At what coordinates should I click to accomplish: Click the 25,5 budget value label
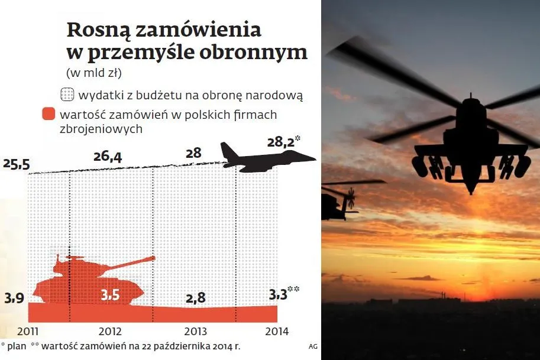point(16,164)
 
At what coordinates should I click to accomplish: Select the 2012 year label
point(111,332)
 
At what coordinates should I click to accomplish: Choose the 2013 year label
point(195,332)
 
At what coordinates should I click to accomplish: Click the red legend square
point(49,115)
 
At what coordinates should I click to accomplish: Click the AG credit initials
point(312,346)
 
